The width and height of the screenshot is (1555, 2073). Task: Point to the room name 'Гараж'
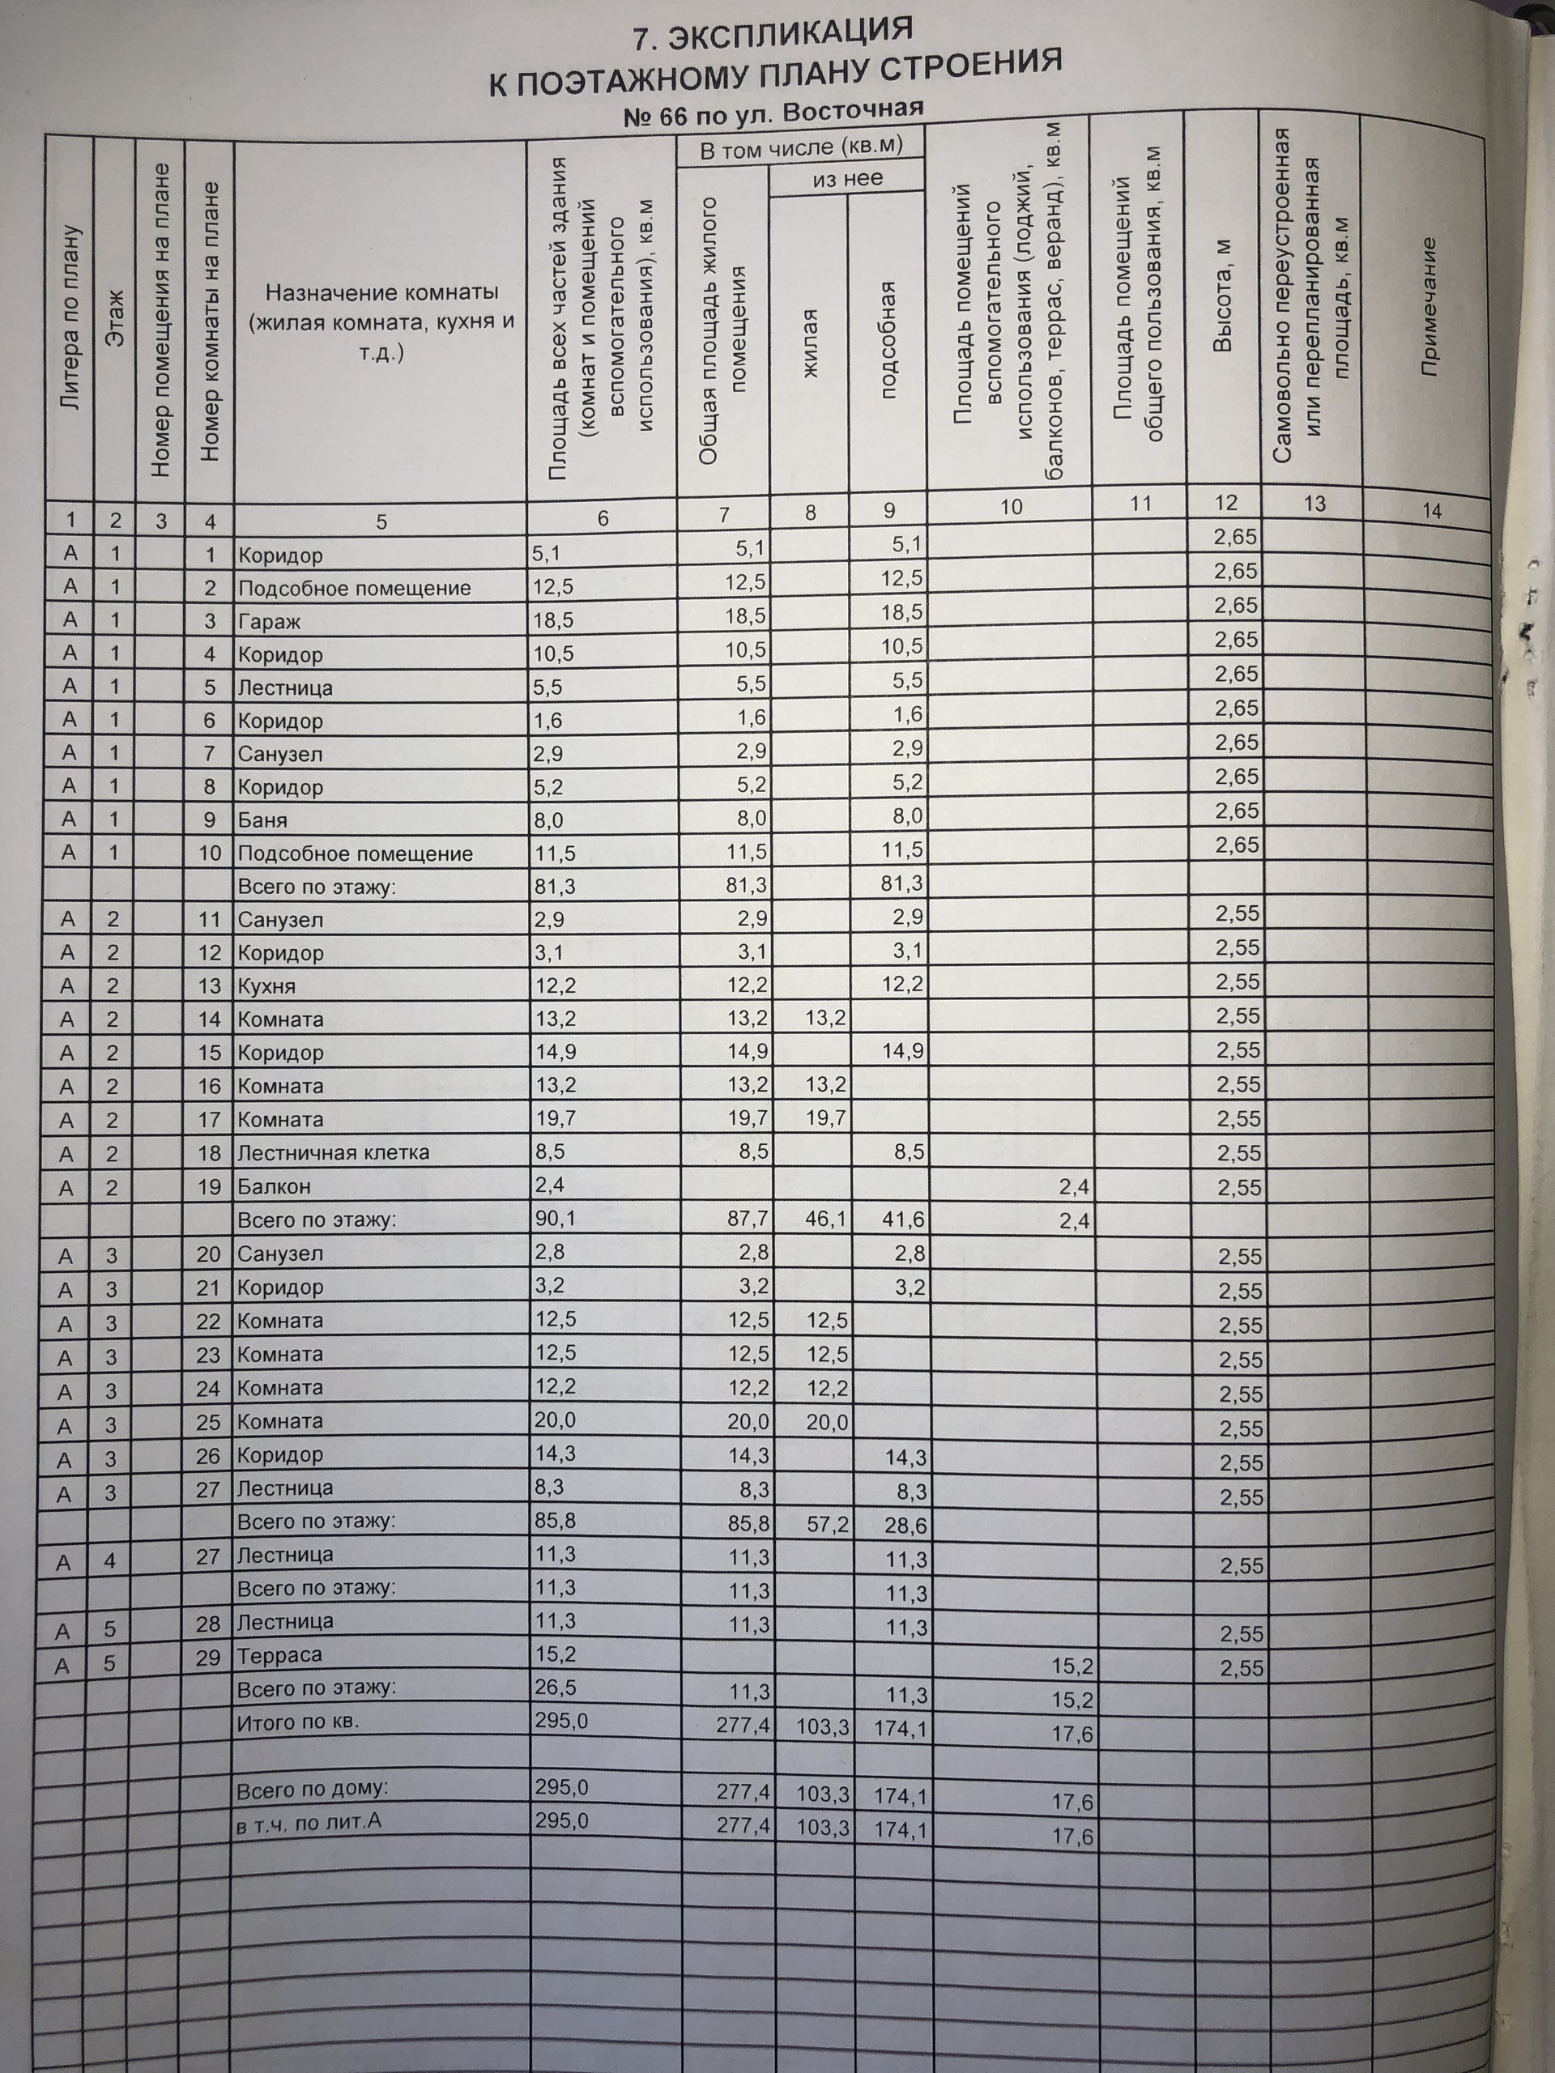click(268, 621)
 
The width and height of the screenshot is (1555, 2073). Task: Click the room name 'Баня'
click(262, 820)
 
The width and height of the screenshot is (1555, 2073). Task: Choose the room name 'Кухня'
click(266, 986)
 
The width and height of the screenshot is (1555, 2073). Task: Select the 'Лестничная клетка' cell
click(333, 1153)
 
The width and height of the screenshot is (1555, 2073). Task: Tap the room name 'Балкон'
click(273, 1186)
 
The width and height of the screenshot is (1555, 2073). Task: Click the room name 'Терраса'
click(279, 1655)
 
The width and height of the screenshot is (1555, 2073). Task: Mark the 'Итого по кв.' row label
click(298, 1722)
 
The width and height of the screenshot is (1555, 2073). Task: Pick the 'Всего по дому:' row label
click(312, 1790)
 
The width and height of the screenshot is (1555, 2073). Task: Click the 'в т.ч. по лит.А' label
click(309, 1823)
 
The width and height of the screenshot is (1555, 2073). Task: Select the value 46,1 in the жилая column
click(827, 1219)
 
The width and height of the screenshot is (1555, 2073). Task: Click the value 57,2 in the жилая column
click(828, 1525)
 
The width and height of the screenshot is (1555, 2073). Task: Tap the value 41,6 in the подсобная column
click(905, 1220)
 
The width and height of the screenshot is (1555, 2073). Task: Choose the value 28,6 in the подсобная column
click(905, 1526)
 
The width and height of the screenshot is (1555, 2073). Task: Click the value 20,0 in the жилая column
click(827, 1423)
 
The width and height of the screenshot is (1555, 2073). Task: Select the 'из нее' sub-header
click(847, 178)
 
